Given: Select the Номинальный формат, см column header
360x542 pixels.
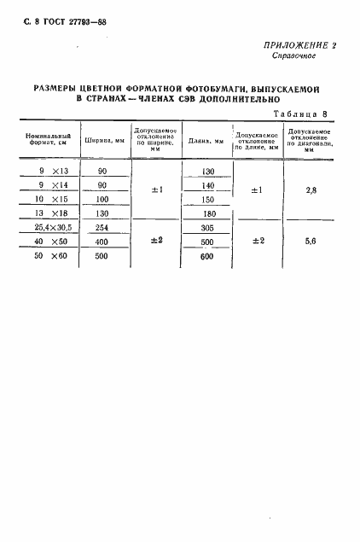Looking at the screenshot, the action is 47,140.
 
